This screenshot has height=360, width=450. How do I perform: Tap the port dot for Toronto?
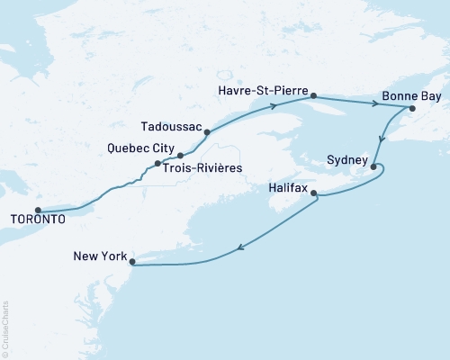coord(39,208)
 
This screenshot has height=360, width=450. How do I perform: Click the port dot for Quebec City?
coord(158,163)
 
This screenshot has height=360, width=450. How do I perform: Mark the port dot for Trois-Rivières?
coord(180,156)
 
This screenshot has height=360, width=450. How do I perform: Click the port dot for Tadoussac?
coord(208,133)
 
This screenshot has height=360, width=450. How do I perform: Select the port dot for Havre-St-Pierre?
coord(313,94)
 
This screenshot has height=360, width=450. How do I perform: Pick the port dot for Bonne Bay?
coord(412,109)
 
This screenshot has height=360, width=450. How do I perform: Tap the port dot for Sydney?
coord(373,166)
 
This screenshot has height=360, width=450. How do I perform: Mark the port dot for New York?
coord(132,263)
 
